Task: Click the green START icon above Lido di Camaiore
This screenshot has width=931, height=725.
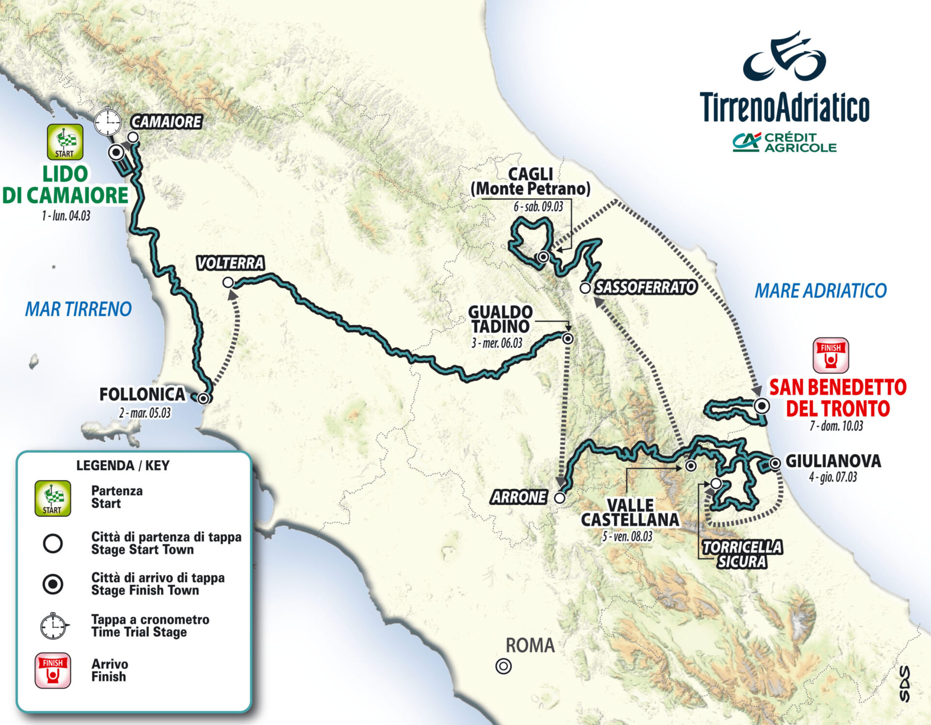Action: pyautogui.click(x=65, y=142)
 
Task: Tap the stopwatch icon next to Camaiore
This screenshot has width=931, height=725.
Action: pyautogui.click(x=108, y=122)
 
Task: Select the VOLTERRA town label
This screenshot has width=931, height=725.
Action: pyautogui.click(x=230, y=263)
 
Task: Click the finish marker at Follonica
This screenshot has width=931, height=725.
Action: pyautogui.click(x=204, y=399)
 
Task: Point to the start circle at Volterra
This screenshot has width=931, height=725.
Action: pyautogui.click(x=228, y=282)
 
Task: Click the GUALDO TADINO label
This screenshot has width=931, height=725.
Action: pyautogui.click(x=500, y=319)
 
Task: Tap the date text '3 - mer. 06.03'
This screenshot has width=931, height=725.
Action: pyautogui.click(x=497, y=343)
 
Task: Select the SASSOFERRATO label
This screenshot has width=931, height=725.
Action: pyautogui.click(x=646, y=288)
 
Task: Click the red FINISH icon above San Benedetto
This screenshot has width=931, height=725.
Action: pyautogui.click(x=831, y=355)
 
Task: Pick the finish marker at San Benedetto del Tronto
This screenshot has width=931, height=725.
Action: pyautogui.click(x=762, y=405)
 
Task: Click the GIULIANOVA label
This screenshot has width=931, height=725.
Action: pyautogui.click(x=833, y=461)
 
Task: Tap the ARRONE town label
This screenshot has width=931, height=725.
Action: pyautogui.click(x=519, y=498)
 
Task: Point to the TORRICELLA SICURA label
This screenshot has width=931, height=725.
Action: pyautogui.click(x=742, y=554)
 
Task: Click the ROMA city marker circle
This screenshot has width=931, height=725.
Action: pyautogui.click(x=503, y=666)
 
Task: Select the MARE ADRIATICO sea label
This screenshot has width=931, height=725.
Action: pyautogui.click(x=820, y=291)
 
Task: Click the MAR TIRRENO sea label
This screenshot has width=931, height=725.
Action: pyautogui.click(x=79, y=309)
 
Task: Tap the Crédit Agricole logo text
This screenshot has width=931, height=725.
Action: pyautogui.click(x=800, y=143)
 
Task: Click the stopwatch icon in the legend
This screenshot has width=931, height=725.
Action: pyautogui.click(x=53, y=626)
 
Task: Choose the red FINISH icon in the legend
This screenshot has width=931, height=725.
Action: pyautogui.click(x=53, y=670)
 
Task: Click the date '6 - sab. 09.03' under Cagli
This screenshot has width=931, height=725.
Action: pyautogui.click(x=538, y=207)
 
